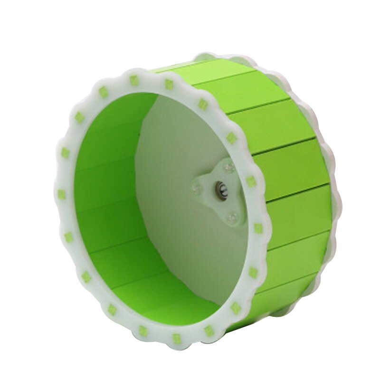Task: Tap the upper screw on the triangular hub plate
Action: pyautogui.click(x=228, y=168)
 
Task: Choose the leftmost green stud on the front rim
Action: pyautogui.click(x=61, y=194)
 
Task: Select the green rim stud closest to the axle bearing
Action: pyautogui.click(x=251, y=181)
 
